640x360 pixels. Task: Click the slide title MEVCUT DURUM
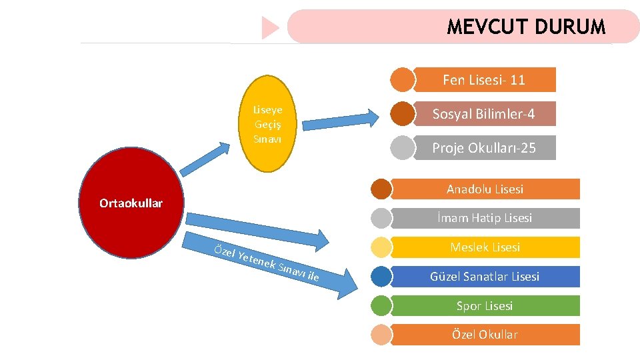(526, 27)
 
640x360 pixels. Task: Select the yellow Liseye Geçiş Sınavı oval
(267, 125)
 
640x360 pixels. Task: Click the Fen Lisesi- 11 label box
(484, 80)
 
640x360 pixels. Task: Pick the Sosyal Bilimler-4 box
(484, 114)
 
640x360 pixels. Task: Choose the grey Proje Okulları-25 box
(484, 148)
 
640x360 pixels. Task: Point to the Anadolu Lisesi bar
(485, 189)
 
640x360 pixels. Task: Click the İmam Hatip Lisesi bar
(485, 218)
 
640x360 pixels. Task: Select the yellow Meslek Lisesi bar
(485, 247)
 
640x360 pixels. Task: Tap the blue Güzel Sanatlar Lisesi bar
(485, 276)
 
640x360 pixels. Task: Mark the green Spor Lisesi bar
(485, 306)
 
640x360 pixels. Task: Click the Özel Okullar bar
(485, 335)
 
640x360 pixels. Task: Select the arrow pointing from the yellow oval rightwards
(339, 119)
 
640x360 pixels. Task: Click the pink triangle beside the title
(270, 28)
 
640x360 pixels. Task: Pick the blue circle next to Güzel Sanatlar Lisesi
(381, 277)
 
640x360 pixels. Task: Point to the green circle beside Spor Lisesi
(381, 306)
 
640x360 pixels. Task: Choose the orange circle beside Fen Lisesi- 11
(402, 80)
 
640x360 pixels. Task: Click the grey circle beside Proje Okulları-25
(402, 148)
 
